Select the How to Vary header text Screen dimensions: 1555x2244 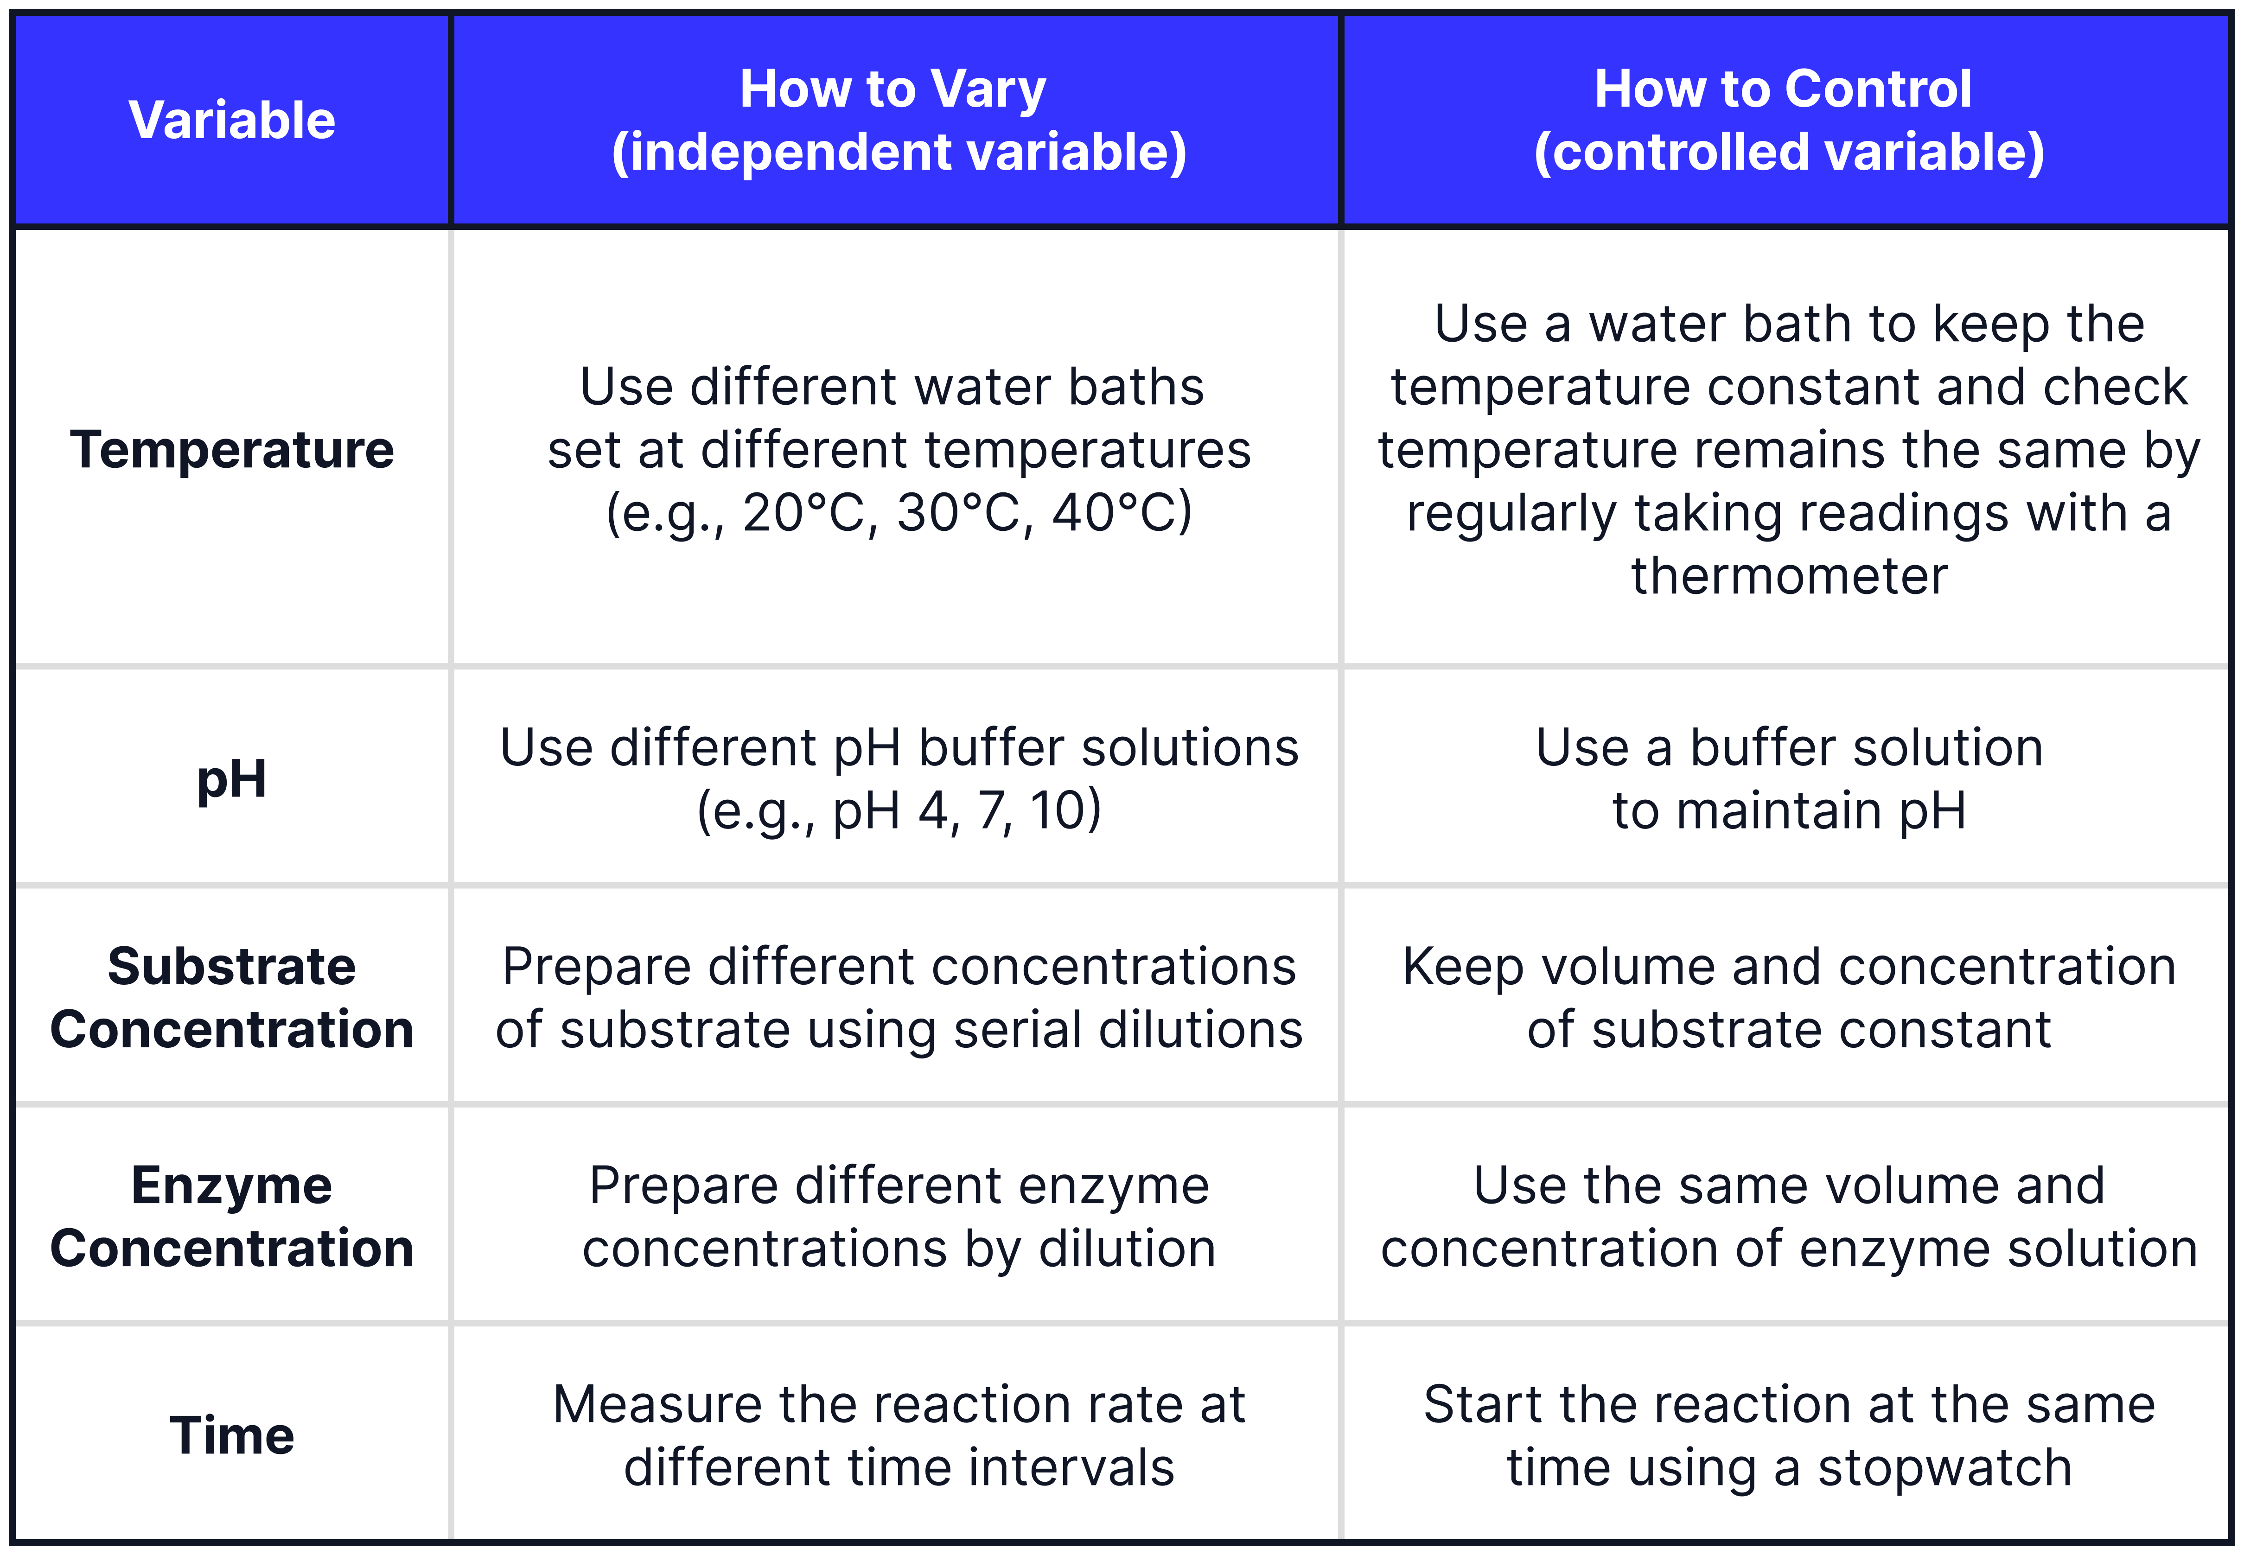click(x=892, y=89)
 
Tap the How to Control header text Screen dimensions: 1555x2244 click(x=1783, y=89)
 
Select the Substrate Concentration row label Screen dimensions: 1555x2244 click(x=232, y=998)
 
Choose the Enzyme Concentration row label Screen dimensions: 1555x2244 click(x=232, y=1217)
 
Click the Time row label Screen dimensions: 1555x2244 click(x=232, y=1435)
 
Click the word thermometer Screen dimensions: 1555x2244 click(x=1789, y=576)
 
